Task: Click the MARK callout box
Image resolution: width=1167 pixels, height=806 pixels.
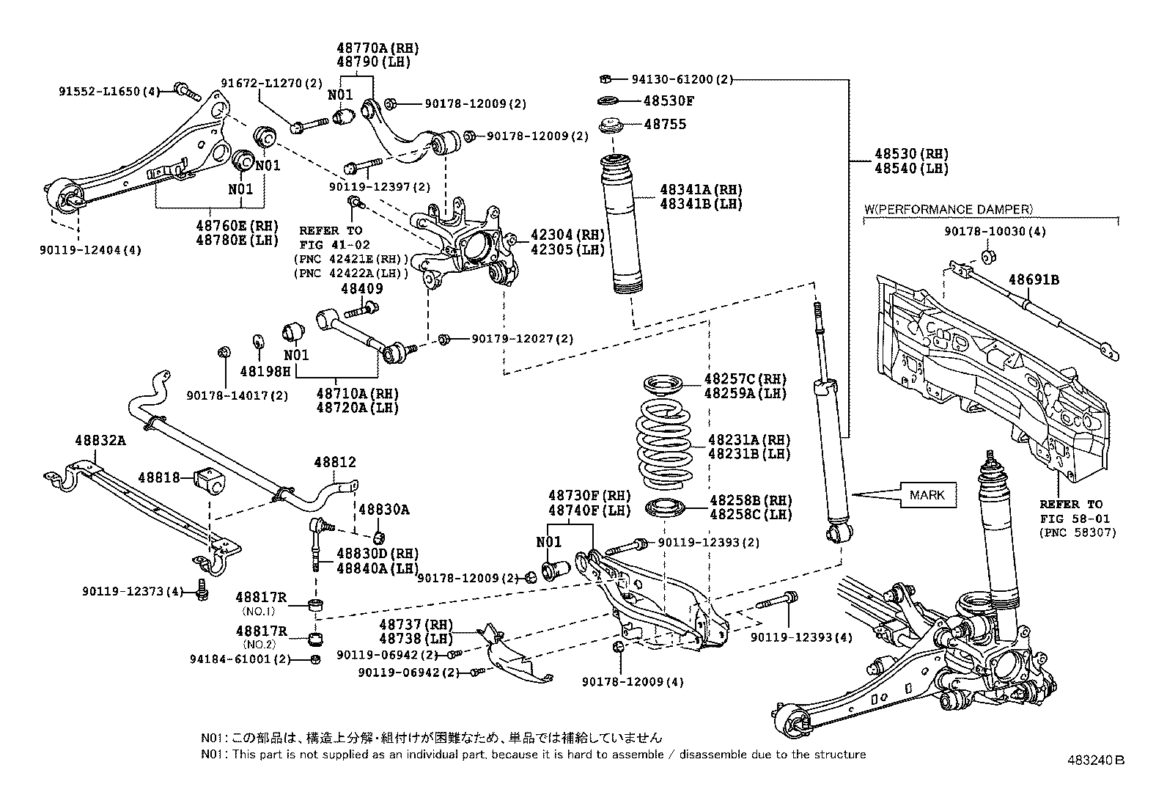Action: (x=928, y=495)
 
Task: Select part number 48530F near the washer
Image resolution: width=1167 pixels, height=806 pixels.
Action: (x=669, y=100)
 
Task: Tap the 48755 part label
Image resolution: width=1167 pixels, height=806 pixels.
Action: (x=665, y=124)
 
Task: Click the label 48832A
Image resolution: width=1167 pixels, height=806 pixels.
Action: (x=100, y=441)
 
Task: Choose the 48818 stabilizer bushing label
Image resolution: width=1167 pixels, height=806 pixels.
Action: (x=158, y=477)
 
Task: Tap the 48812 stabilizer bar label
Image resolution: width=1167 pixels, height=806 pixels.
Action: (x=334, y=462)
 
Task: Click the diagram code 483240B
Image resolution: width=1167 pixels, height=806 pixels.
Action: (x=1096, y=761)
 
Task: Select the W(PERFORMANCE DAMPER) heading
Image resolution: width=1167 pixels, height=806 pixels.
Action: (x=949, y=209)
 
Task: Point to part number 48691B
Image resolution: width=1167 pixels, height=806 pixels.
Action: (x=1034, y=279)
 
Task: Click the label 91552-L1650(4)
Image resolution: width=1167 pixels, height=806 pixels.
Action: (x=109, y=92)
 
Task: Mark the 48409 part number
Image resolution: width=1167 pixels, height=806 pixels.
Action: (x=361, y=288)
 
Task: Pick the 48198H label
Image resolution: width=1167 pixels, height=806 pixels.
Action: (x=265, y=371)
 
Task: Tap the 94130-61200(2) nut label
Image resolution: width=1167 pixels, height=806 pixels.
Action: (x=682, y=79)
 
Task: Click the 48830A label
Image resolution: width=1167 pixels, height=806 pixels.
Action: (x=383, y=510)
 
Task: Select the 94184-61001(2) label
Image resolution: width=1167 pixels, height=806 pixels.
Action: (x=240, y=659)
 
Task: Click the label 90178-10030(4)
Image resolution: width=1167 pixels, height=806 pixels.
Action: (x=995, y=231)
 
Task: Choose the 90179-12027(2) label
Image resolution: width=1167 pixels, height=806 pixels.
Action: (x=522, y=339)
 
